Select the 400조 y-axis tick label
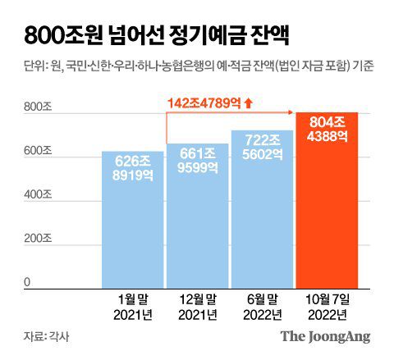point(37,197)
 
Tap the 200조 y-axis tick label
point(37,239)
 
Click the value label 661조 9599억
point(198,159)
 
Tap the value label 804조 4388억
point(327,130)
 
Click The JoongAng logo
point(325,336)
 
